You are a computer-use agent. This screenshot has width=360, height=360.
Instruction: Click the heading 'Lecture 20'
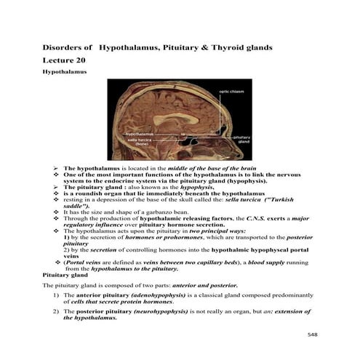(63, 62)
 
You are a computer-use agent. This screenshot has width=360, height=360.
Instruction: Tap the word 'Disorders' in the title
(63, 47)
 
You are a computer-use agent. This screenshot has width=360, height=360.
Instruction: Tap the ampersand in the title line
(203, 47)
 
